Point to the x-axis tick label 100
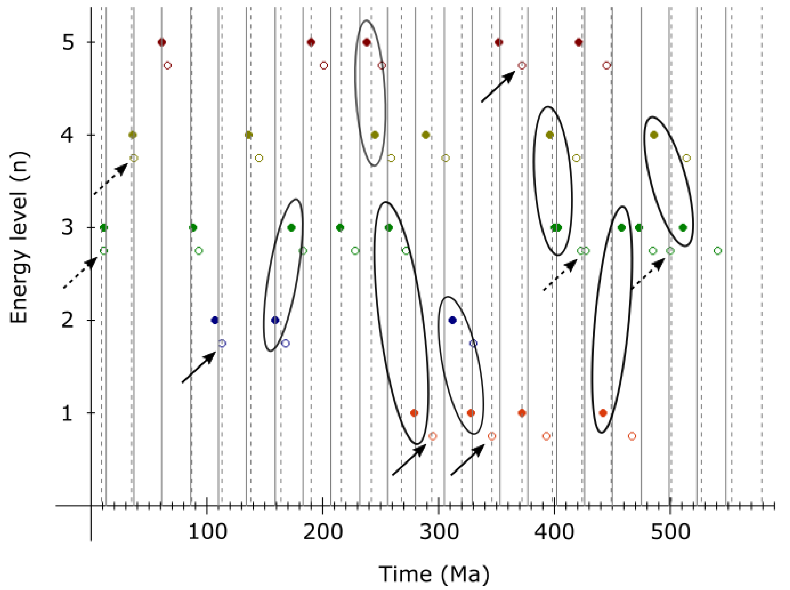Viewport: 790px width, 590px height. click(x=207, y=532)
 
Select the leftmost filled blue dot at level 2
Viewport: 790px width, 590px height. click(x=214, y=320)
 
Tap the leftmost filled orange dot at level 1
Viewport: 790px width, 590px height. click(x=414, y=413)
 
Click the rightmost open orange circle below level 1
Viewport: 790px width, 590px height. click(x=632, y=436)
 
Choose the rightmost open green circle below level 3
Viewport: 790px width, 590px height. click(x=718, y=251)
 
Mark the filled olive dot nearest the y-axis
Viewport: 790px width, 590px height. click(x=133, y=135)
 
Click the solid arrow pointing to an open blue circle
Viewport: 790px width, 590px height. click(x=199, y=367)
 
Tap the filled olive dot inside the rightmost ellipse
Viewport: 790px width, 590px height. click(x=654, y=135)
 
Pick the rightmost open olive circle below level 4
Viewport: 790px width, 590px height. click(x=686, y=158)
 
